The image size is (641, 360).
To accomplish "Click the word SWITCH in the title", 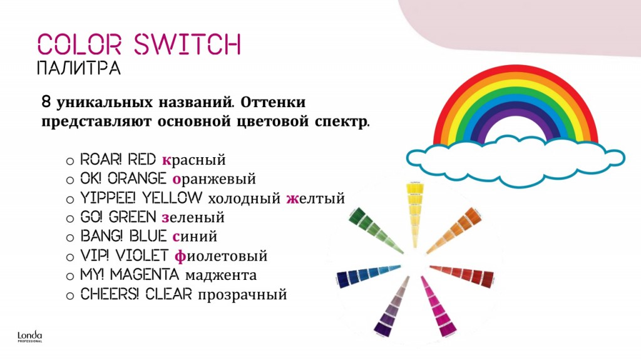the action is tap(188, 44).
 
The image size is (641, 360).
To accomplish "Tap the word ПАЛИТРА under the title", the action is tap(79, 68).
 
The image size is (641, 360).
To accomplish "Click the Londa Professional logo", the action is tap(30, 336).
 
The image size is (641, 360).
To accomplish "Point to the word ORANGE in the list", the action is tap(137, 178).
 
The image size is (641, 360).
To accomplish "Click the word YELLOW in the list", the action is tap(172, 198).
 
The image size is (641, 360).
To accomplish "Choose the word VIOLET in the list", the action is tap(142, 255).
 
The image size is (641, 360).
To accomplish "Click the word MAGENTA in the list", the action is tap(145, 274).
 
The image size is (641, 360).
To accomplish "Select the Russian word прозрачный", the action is tap(242, 294).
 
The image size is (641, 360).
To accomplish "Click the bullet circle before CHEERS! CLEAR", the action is tap(70, 296).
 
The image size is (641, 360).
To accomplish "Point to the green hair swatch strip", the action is tap(376, 230).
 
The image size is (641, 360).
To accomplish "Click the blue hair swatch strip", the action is tap(368, 275).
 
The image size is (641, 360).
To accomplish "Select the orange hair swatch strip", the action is tap(454, 230).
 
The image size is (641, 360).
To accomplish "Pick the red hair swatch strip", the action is tap(462, 275).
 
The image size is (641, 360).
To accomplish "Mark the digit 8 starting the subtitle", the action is tap(46, 101).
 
